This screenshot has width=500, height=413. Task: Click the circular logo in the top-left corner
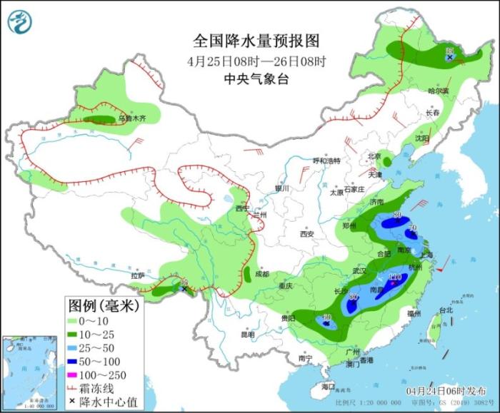tap(21, 22)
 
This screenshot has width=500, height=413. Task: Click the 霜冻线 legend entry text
tap(104, 389)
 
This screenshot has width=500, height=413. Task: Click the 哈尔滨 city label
tap(438, 91)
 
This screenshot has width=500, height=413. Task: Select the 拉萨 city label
tap(138, 275)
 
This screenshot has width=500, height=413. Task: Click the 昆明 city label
tap(247, 334)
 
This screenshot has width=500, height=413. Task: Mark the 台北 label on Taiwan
tap(446, 310)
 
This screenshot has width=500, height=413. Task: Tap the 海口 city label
tap(328, 386)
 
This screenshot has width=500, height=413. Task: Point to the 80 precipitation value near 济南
tap(397, 215)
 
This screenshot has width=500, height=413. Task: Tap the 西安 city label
tap(307, 233)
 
